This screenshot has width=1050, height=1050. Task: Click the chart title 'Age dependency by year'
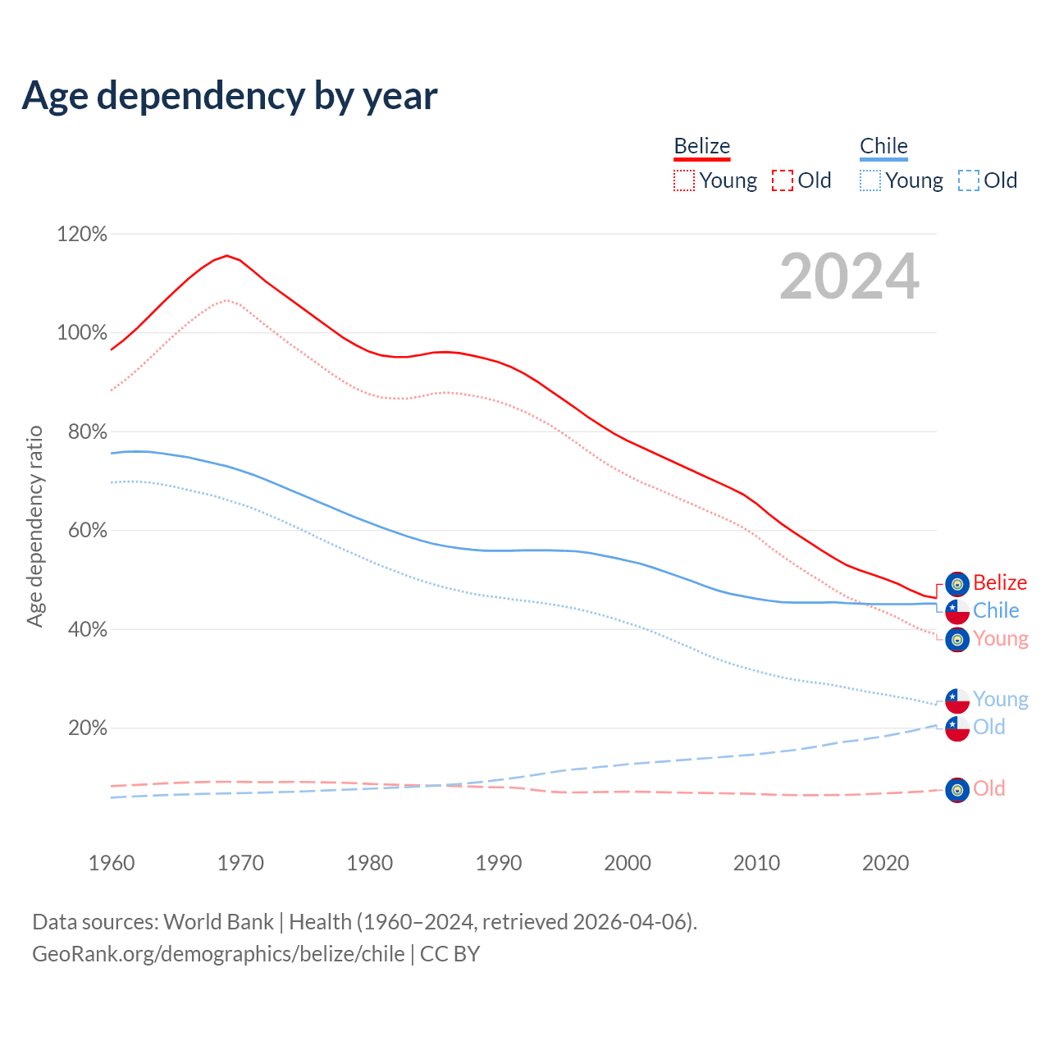point(230,96)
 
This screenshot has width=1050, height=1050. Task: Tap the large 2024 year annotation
point(849,276)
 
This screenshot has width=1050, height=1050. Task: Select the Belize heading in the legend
point(701,146)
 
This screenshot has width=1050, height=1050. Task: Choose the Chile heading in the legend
point(883,146)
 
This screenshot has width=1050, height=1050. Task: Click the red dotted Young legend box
point(683,180)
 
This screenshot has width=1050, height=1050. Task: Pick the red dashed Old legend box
point(783,180)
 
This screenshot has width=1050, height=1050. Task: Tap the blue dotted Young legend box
point(870,180)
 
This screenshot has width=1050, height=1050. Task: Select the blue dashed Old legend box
point(969,180)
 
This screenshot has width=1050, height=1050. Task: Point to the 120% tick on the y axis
point(82,235)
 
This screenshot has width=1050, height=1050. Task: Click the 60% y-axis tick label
point(87,531)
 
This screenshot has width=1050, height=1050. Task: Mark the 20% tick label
point(87,728)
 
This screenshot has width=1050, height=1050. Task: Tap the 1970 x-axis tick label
point(240,863)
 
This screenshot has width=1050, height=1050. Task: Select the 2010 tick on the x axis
point(756,863)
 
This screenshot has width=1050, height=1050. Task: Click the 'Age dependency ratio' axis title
point(34,526)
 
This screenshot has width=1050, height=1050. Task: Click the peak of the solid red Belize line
point(226,255)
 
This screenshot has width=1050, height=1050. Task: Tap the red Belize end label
point(1000,583)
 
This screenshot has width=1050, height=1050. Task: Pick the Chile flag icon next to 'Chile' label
point(957,612)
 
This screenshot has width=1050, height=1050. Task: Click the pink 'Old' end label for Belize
point(988,789)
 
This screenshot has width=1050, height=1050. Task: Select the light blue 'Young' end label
point(1000,700)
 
